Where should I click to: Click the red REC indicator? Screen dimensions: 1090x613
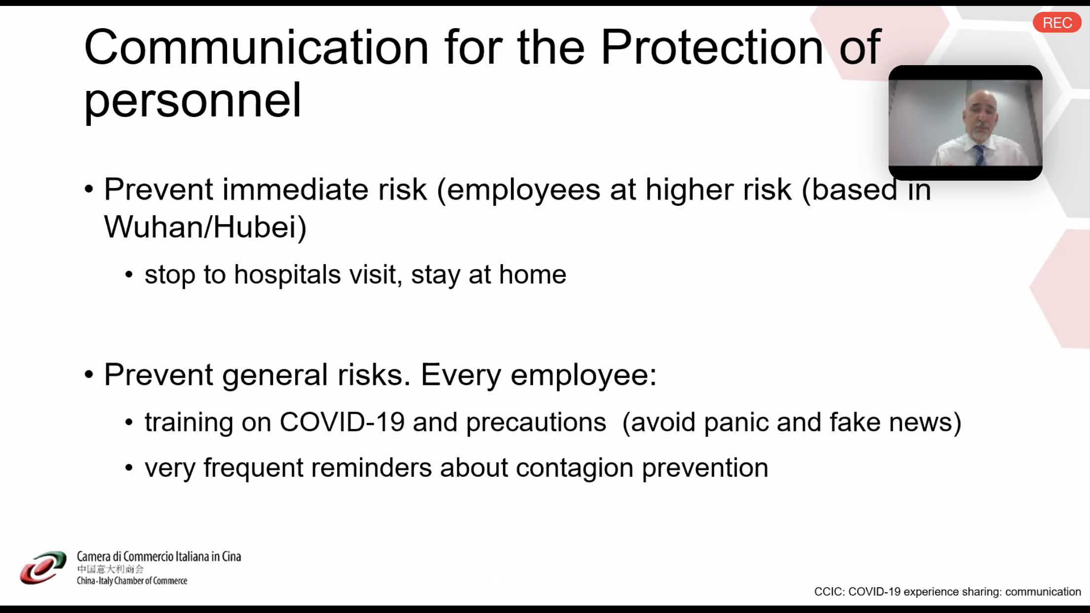[1057, 23]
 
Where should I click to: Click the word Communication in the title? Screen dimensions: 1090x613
[256, 47]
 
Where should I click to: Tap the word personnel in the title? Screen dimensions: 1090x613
[193, 101]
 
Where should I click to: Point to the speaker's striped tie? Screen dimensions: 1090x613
[979, 155]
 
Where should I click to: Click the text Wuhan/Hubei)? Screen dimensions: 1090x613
[205, 228]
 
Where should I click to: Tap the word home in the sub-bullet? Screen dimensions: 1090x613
[533, 274]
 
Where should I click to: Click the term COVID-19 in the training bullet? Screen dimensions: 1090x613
[342, 422]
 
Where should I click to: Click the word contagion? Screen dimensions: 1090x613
[575, 468]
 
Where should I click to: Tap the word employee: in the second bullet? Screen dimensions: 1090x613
[584, 375]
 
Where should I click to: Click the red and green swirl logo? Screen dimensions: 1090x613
[43, 568]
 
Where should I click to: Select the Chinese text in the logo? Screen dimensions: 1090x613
[110, 569]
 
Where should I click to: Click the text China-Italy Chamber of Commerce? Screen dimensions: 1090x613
[132, 581]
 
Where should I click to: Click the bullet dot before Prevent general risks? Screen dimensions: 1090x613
[89, 375]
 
